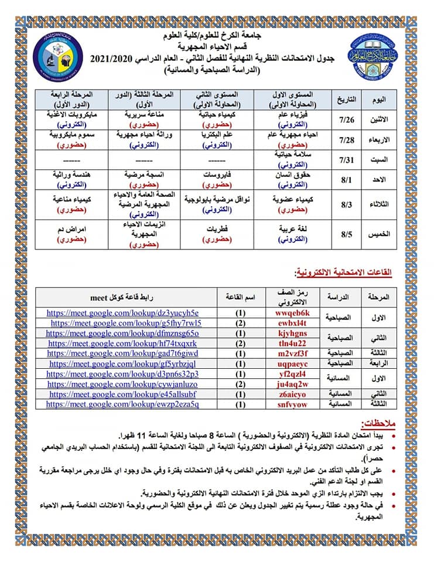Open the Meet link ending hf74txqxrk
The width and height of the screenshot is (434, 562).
tap(122, 343)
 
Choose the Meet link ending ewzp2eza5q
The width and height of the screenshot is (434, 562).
tap(122, 404)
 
